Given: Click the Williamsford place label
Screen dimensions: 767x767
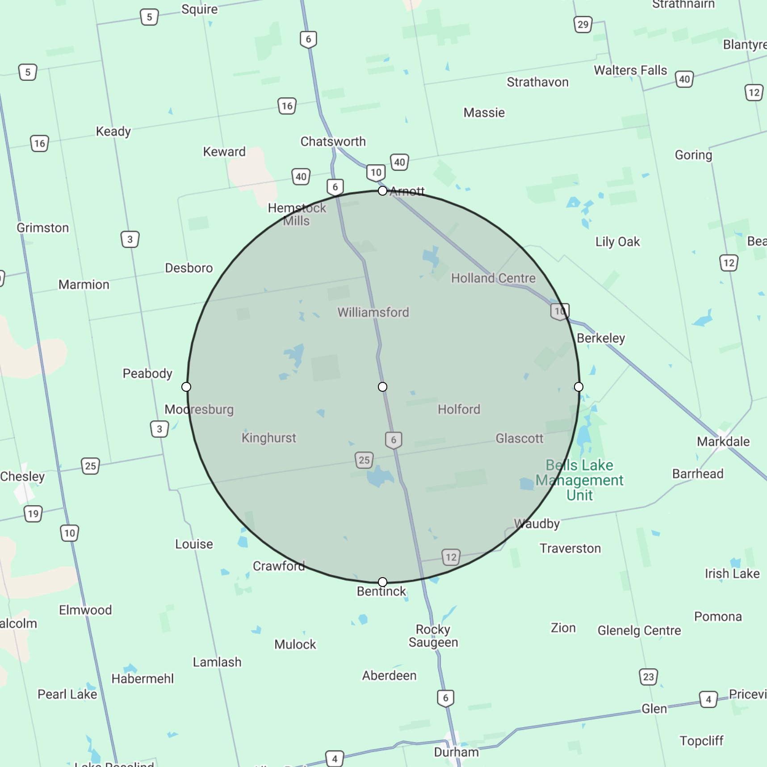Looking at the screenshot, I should pos(373,312).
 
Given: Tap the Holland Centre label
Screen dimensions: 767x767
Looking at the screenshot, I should pos(493,278).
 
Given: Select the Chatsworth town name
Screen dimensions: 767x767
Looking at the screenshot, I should pos(333,142).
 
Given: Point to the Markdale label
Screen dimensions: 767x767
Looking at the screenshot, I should pos(723,442).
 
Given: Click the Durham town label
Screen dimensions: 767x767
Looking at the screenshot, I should pos(456,752).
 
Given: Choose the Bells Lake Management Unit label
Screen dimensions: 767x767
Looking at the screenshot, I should pos(579,480).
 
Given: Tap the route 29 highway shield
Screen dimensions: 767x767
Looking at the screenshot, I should pos(583,24).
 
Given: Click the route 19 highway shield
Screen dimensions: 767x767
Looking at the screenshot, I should pos(33,514).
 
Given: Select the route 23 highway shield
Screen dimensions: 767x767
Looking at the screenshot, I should pos(648,677).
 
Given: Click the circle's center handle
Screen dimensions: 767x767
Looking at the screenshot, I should pos(382,387).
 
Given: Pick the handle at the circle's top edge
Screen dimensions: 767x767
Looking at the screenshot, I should pos(382,191).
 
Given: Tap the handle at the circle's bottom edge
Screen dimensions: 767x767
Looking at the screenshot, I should pos(382,582).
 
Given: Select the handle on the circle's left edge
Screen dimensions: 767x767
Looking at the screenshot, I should pos(187,387).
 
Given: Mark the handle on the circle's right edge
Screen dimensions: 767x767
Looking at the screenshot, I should pos(578,387).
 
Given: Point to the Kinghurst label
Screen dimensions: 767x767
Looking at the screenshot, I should pos(268,438).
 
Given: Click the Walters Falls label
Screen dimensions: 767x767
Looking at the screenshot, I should pos(630,71).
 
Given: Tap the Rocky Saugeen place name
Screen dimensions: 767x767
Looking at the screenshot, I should pos(433,636).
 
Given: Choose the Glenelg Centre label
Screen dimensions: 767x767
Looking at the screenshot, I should pos(639,631).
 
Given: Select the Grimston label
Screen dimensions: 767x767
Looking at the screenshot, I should pos(43,228).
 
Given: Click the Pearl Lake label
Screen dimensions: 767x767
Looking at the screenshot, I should pos(67,694).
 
